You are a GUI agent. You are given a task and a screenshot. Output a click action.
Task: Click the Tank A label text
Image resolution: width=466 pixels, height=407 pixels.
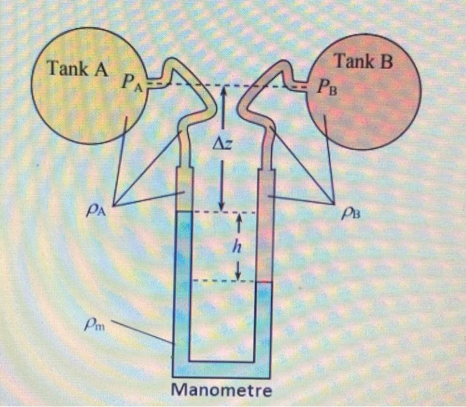[78, 68]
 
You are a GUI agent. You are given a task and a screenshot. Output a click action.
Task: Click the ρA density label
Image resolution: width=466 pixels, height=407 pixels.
[96, 211]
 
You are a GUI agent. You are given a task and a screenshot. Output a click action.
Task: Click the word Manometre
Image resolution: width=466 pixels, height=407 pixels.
[222, 388]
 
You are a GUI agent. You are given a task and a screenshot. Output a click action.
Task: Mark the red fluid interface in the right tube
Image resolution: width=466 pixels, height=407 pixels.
[264, 282]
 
